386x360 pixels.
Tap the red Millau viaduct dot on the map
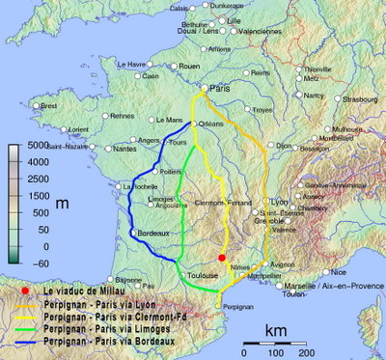[222, 258]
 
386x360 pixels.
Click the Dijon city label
[284, 146]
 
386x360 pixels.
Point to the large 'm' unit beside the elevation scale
[62, 204]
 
